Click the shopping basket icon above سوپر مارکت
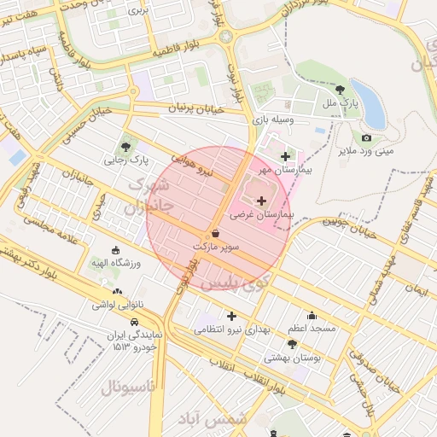pyautogui.click(x=214, y=232)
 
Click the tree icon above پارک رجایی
pyautogui.click(x=129, y=143)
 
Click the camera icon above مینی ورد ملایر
pyautogui.click(x=367, y=138)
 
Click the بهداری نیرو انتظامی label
pyautogui.click(x=232, y=329)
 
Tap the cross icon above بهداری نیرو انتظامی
pyautogui.click(x=230, y=316)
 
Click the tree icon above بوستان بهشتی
pyautogui.click(x=293, y=344)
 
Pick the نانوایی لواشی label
pyautogui.click(x=116, y=304)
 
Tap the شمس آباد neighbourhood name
pyautogui.click(x=212, y=418)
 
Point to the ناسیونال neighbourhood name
pyautogui.click(x=128, y=387)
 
